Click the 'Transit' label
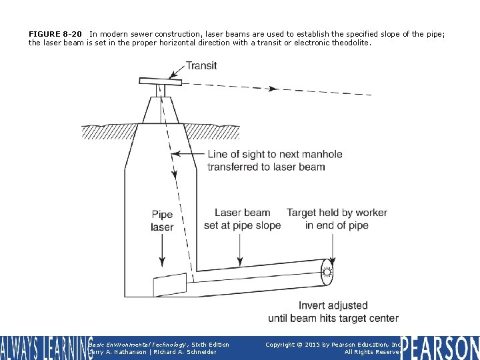201,65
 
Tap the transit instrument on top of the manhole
160,81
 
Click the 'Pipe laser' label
162,221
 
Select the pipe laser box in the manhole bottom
170,285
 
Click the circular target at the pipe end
327,272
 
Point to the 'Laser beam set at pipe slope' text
242,219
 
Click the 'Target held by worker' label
337,213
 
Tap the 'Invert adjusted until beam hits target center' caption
333,312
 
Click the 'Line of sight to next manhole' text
275,155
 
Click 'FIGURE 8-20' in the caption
55,33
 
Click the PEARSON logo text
440,348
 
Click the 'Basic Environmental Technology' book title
138,345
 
